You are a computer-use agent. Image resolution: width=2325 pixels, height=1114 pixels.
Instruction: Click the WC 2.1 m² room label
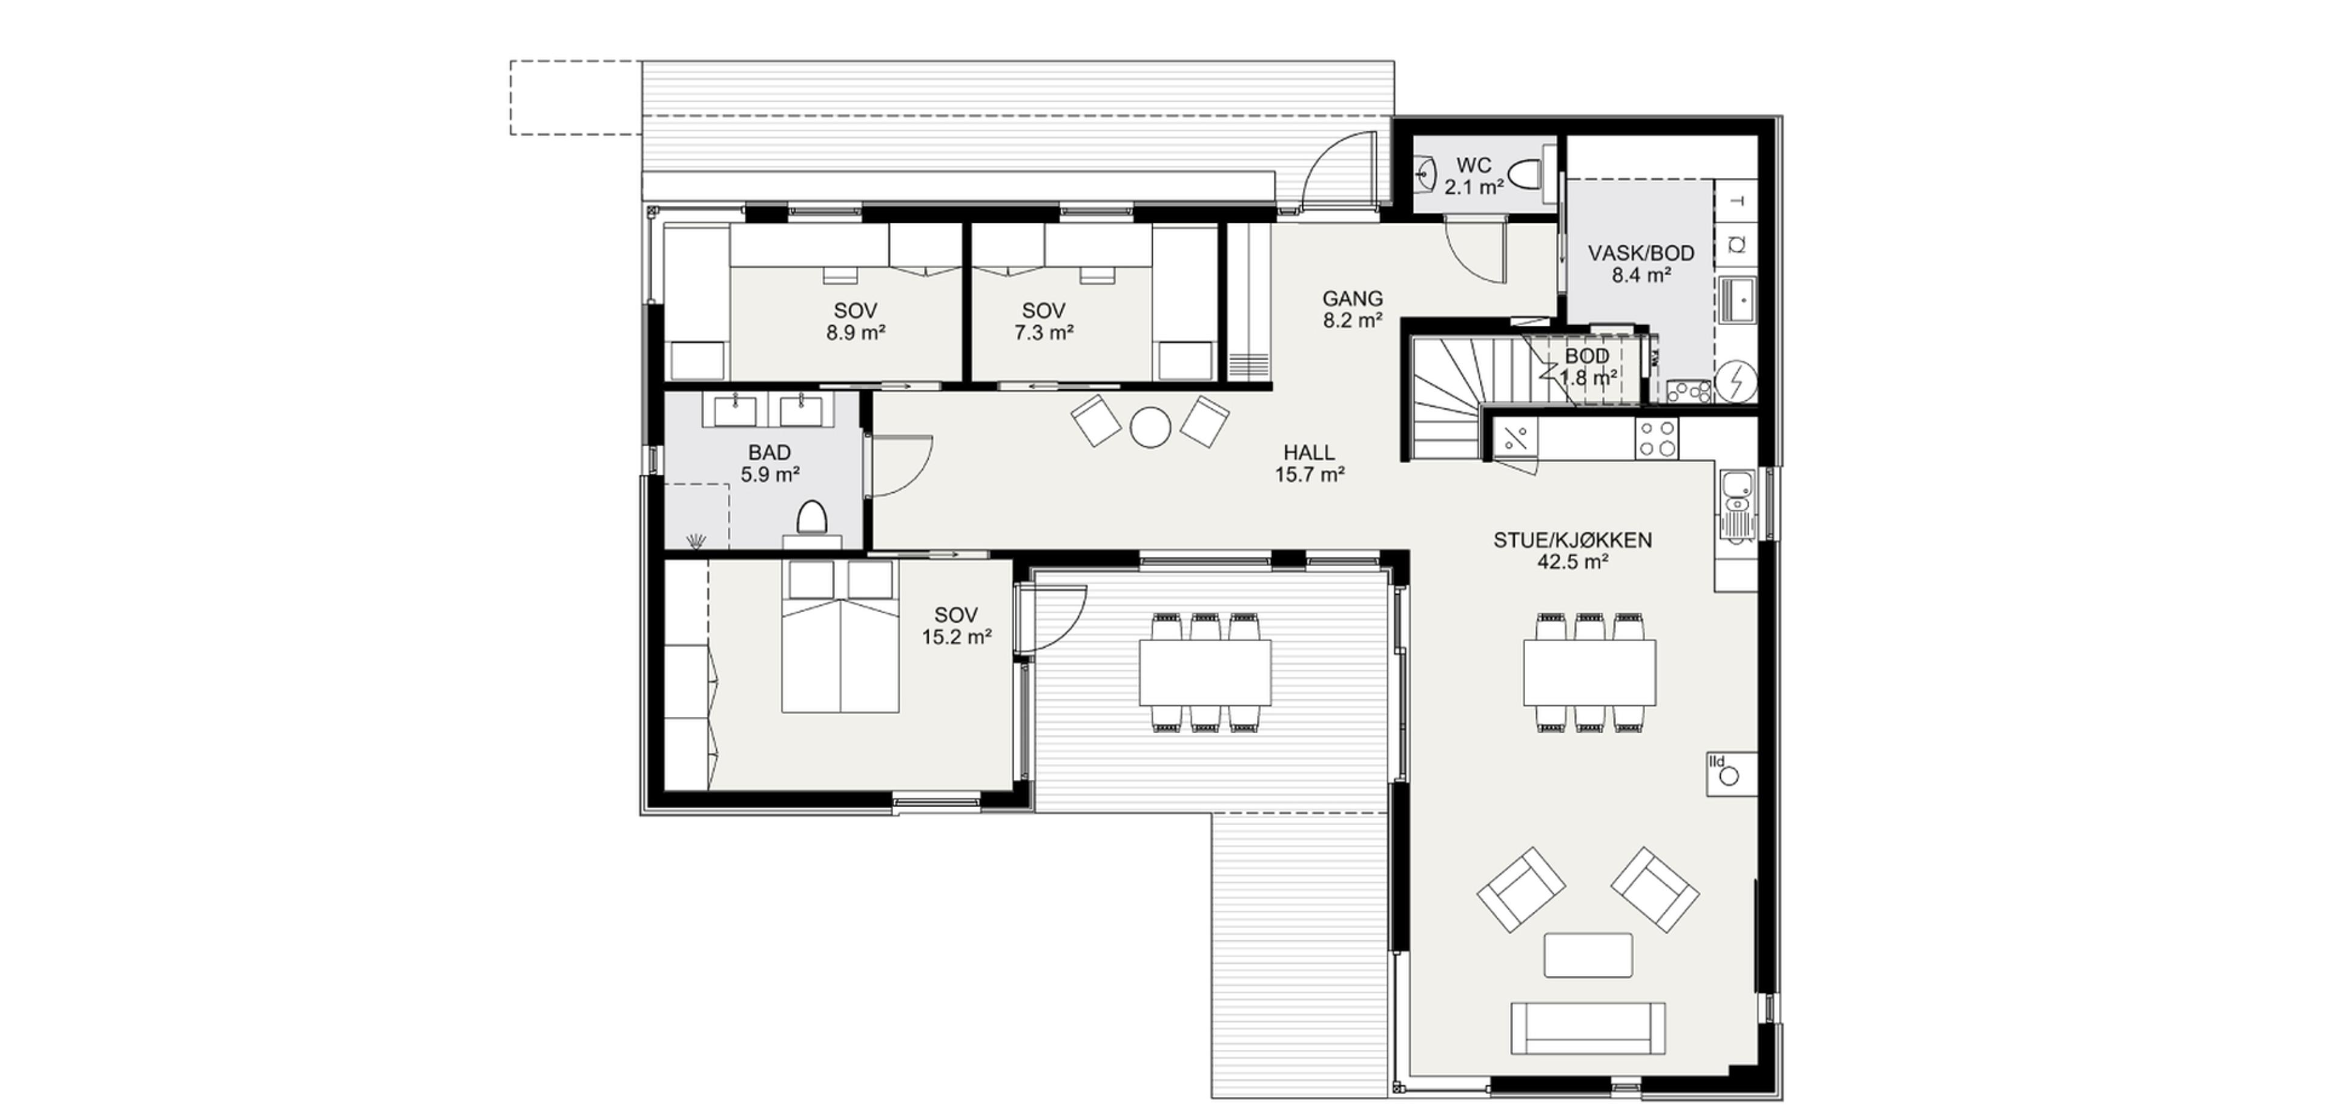point(1473,177)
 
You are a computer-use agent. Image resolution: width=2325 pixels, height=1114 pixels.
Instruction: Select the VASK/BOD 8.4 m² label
point(1641,263)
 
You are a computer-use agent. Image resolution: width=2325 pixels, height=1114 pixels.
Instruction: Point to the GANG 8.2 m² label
point(1352,309)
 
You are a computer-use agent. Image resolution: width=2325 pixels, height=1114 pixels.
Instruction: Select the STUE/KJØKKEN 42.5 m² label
point(1572,551)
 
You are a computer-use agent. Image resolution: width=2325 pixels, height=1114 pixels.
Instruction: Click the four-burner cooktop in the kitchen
point(1657,438)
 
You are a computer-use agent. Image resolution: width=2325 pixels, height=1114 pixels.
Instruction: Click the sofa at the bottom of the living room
point(1588,1027)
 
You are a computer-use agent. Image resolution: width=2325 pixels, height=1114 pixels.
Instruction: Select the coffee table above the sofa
point(1588,955)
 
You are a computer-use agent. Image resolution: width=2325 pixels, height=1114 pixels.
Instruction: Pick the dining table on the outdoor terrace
point(1204,673)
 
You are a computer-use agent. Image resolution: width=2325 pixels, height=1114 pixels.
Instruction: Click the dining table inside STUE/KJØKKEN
point(1589,673)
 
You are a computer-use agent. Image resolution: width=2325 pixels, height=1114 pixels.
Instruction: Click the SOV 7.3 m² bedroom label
point(1043,321)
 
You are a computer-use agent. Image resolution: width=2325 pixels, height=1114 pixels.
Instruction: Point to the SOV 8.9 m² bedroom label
point(855,321)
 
